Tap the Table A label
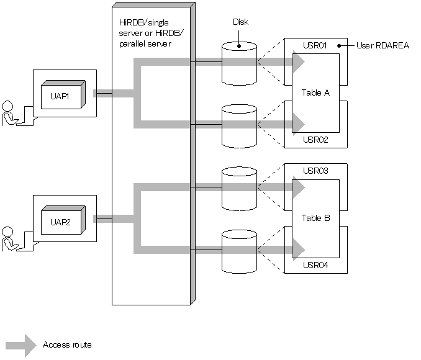coord(315,93)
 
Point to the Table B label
coord(315,218)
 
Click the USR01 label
coord(315,45)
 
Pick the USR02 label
coord(315,140)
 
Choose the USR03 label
coord(315,171)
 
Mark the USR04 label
coord(315,266)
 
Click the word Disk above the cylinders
coord(240,22)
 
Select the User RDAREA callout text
coord(383,45)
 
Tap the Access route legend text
coord(67,344)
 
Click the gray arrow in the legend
coord(21,345)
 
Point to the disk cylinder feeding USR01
coord(239,63)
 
